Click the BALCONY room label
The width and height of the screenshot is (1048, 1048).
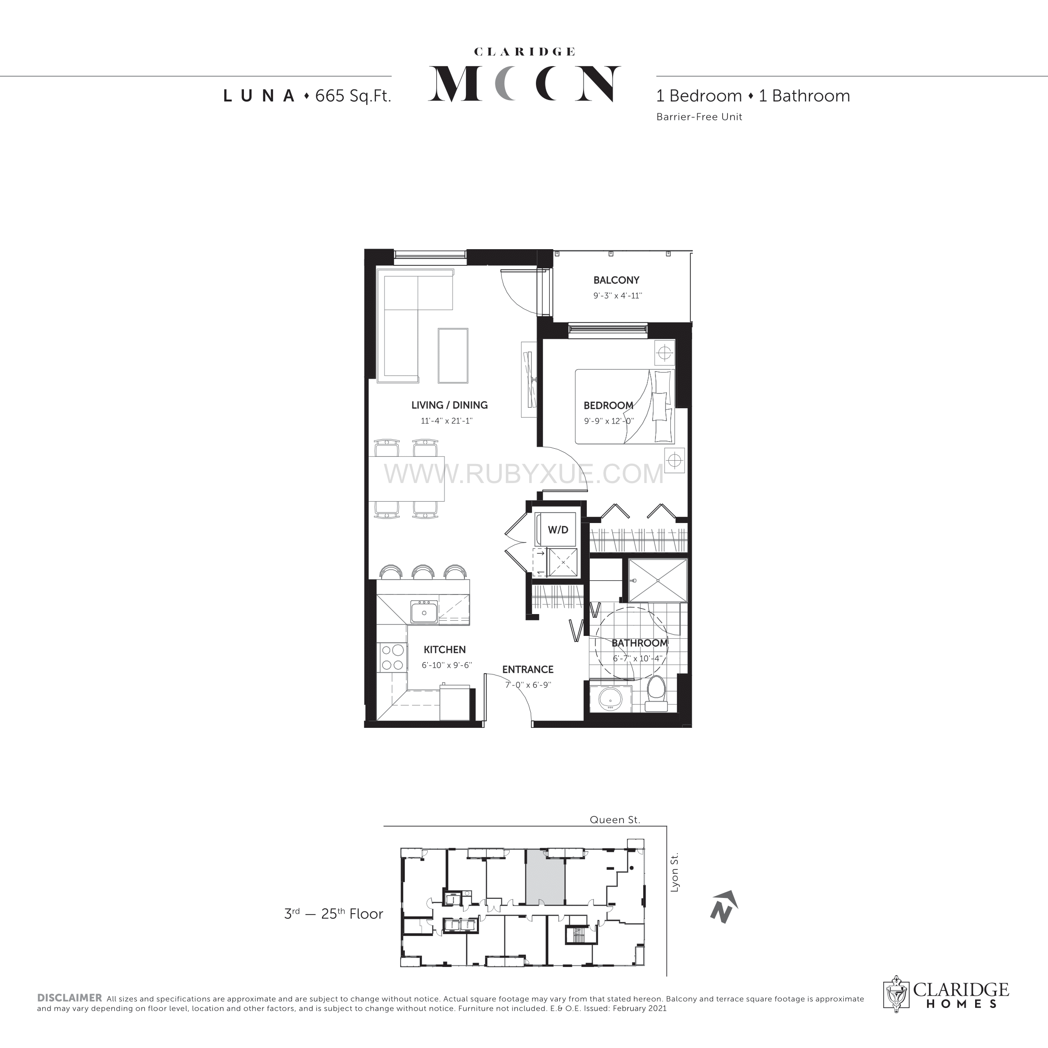pyautogui.click(x=616, y=280)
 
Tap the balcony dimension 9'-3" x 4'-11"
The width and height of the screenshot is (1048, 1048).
pyautogui.click(x=617, y=296)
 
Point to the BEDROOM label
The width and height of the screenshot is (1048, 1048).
pyautogui.click(x=608, y=405)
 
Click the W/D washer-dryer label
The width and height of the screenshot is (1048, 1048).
pyautogui.click(x=558, y=529)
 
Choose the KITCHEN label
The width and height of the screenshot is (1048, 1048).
pyautogui.click(x=444, y=649)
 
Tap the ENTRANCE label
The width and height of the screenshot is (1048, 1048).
pyautogui.click(x=528, y=669)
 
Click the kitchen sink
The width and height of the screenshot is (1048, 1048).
pyautogui.click(x=424, y=612)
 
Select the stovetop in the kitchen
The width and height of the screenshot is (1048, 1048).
pyautogui.click(x=392, y=657)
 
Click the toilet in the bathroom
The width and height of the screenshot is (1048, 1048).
pyautogui.click(x=656, y=693)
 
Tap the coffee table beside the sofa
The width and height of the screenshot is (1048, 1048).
pyautogui.click(x=453, y=355)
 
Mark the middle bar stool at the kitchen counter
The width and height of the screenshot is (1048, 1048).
pyautogui.click(x=423, y=572)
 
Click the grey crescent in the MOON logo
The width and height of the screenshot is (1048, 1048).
pyautogui.click(x=505, y=83)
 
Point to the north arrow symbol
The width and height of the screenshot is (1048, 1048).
pyautogui.click(x=724, y=907)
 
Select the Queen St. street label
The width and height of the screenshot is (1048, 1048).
pyautogui.click(x=615, y=820)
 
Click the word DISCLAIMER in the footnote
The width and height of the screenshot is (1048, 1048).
pyautogui.click(x=70, y=998)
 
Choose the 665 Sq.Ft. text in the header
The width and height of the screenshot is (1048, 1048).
pyautogui.click(x=353, y=96)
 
